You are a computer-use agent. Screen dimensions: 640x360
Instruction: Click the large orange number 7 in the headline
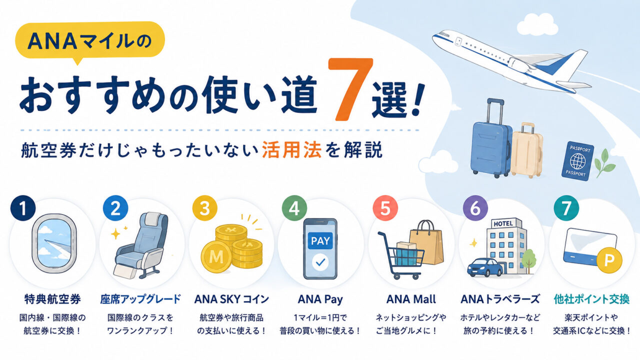pos(350,89)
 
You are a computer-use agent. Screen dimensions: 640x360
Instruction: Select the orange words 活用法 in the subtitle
pos(291,149)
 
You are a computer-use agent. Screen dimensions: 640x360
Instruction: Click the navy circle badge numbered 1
pos(23,208)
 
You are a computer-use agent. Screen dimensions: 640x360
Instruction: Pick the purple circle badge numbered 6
pos(475,208)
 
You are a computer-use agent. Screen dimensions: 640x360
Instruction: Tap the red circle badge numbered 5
pos(385,208)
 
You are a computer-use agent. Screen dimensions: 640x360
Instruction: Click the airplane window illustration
pos(53,243)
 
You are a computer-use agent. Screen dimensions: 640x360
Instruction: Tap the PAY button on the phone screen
pos(320,240)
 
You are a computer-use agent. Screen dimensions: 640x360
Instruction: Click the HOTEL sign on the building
pos(503,223)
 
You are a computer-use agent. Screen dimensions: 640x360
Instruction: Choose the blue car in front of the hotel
pos(485,267)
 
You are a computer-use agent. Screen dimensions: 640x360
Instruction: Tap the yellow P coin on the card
pos(609,260)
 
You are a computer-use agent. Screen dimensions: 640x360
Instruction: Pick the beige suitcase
pos(527,150)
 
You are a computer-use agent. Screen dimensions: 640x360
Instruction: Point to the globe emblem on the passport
pos(577,161)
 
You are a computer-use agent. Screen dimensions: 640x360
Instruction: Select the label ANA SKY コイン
pos(231,299)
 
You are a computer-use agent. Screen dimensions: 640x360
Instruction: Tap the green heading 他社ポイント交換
pos(591,299)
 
